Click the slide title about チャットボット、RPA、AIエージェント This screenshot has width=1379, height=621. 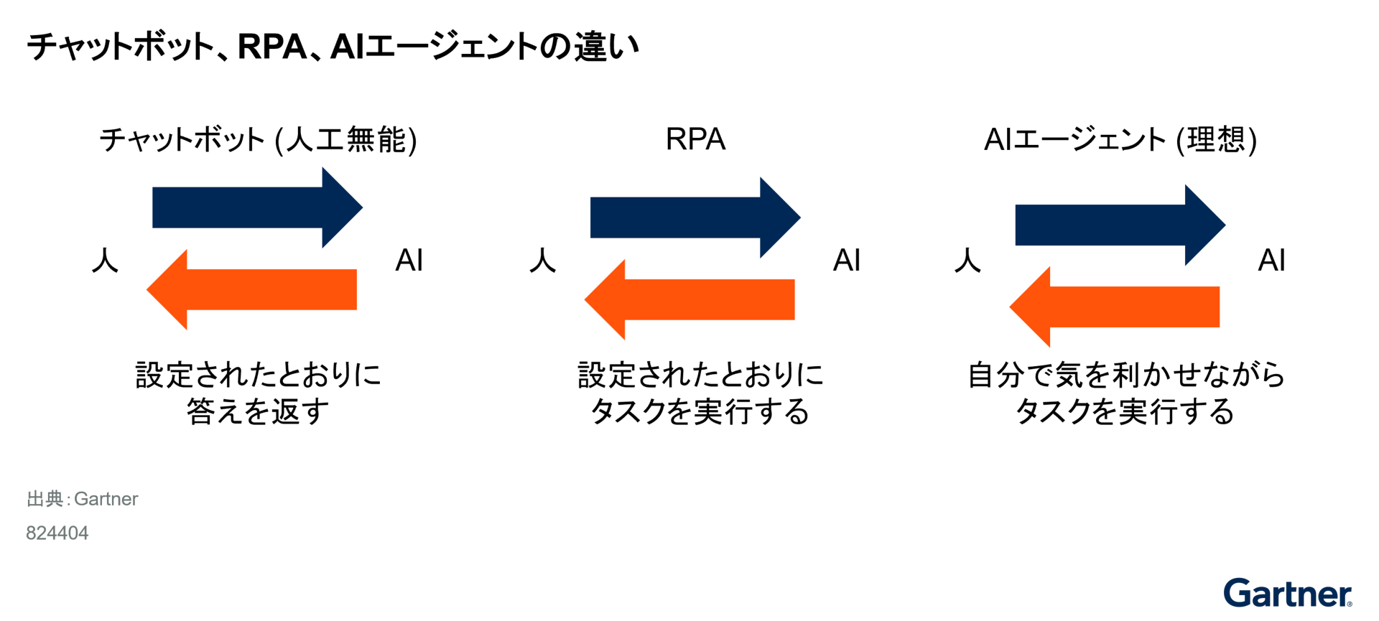click(x=333, y=47)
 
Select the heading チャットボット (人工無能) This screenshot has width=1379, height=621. click(x=258, y=139)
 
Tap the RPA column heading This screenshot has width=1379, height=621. click(x=695, y=139)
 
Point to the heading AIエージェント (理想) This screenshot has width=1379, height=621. click(x=1120, y=139)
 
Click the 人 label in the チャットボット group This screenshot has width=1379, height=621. click(x=105, y=260)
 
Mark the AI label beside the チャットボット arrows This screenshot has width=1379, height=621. click(x=409, y=260)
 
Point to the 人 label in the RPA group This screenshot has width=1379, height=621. click(x=543, y=260)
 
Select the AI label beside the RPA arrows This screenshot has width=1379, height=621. click(x=847, y=260)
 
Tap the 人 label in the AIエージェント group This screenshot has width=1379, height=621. click(x=967, y=260)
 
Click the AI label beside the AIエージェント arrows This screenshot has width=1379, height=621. click(x=1272, y=260)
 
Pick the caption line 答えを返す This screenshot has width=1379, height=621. click(x=258, y=411)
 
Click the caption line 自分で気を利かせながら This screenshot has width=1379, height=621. click(x=1125, y=375)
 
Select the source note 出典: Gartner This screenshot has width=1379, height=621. click(x=82, y=499)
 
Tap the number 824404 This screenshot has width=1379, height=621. click(x=57, y=533)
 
